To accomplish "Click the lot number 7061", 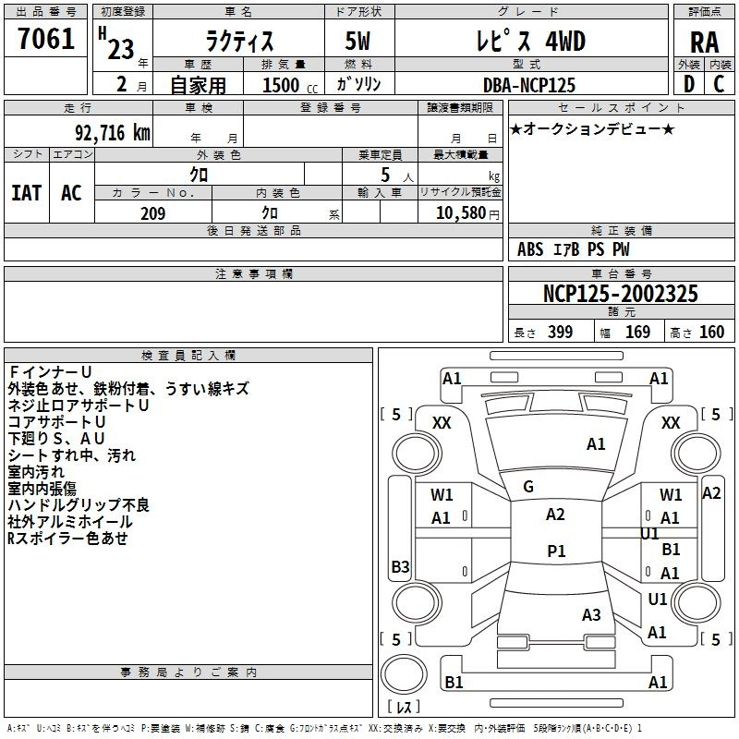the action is pos(46,39).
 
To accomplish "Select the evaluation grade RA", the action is pos(705,42).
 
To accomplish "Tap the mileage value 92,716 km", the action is pos(112,133).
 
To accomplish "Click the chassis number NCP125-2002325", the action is pos(620,293).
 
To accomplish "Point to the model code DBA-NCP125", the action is pos(529,85).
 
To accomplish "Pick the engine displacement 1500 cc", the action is pos(290,85).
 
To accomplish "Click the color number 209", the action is pos(153,213).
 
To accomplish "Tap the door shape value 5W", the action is pos(357,41).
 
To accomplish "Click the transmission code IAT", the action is pos(27,193).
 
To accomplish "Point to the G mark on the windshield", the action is pos(528,487).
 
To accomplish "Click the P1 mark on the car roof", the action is pos(557,551).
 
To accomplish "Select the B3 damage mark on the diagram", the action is pos(400,566).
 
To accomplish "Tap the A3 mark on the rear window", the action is pos(591,614).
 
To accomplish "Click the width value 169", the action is pos(637,332).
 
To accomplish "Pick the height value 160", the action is pos(711,332).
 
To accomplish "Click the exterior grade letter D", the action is pos(689,84).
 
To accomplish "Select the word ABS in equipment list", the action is pos(530,249).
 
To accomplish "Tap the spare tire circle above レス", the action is pos(404,673).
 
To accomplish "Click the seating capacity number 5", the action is pos(385,175).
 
